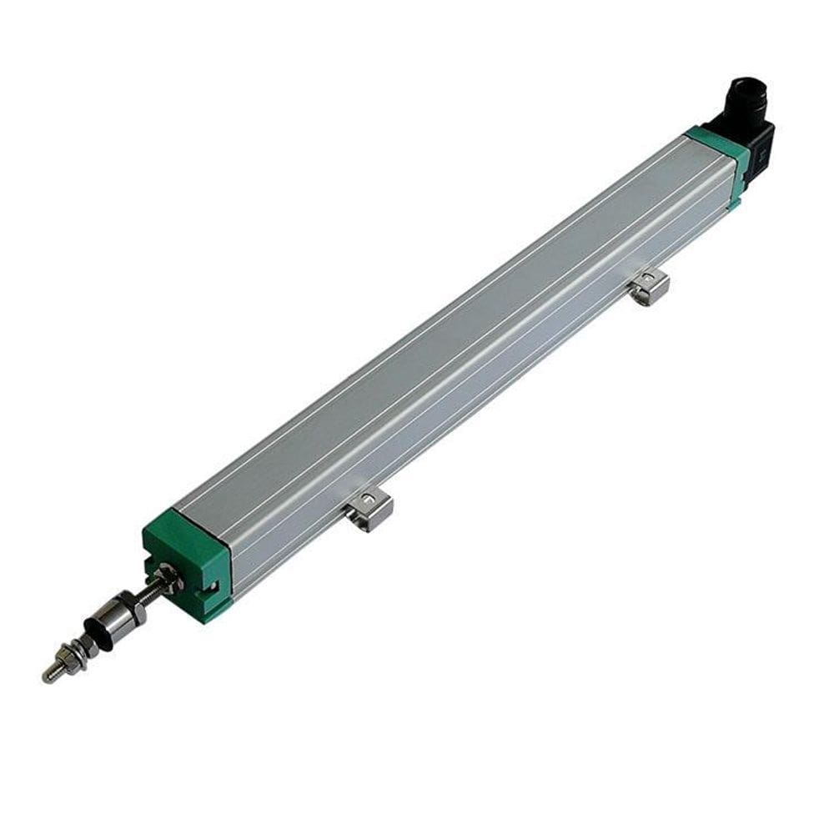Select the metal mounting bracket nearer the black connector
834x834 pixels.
pyautogui.click(x=650, y=287)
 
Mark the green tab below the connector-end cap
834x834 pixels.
pyautogui.click(x=734, y=200)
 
